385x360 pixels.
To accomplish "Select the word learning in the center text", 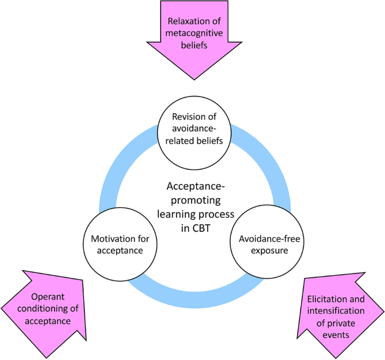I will [x=174, y=215].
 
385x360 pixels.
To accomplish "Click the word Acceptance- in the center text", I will [x=194, y=188].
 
